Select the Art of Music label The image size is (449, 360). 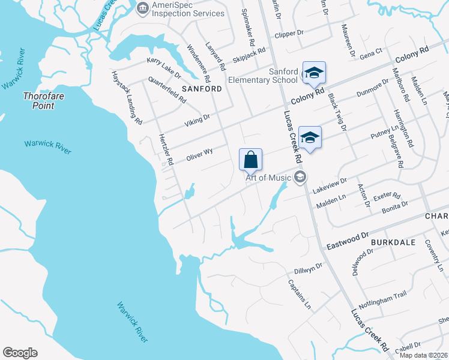click(268, 177)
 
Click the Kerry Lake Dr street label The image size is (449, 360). click(164, 68)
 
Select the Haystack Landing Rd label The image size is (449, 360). click(126, 97)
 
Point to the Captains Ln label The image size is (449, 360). click(300, 295)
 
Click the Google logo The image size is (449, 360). click(20, 353)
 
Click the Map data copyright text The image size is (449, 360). click(424, 355)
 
